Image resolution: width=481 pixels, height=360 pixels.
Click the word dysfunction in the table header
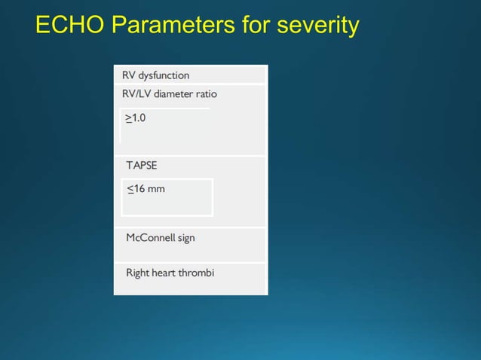(x=164, y=75)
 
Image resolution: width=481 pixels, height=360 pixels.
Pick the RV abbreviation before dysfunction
(x=129, y=75)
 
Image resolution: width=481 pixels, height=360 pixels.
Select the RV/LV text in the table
(x=137, y=94)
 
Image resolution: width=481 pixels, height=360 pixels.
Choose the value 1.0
(x=139, y=118)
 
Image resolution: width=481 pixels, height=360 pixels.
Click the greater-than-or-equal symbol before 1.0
(x=128, y=118)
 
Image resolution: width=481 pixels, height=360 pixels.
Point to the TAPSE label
(x=142, y=164)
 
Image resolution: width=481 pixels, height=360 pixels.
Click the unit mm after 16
(x=156, y=189)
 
